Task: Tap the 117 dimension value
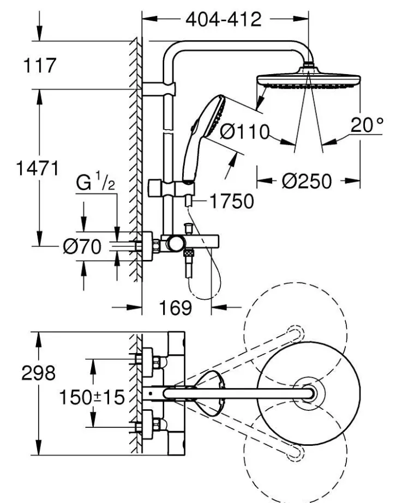40,66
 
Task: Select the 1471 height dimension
37,168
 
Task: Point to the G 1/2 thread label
95,183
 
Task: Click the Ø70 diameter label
82,247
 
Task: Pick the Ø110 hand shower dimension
245,131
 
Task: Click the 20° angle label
367,126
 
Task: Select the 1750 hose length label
231,201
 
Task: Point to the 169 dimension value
176,308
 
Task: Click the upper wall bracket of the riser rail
164,88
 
